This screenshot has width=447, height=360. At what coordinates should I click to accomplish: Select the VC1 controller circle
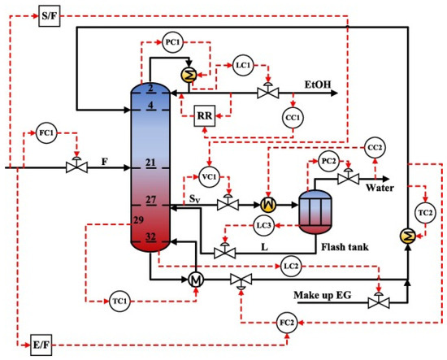click(x=210, y=173)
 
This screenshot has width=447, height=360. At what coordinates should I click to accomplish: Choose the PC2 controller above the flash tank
click(x=328, y=159)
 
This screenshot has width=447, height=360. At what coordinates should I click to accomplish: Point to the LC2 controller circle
click(x=293, y=266)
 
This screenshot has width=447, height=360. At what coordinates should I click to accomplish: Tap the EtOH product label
click(x=318, y=84)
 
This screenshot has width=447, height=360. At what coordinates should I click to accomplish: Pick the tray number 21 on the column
click(x=150, y=163)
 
